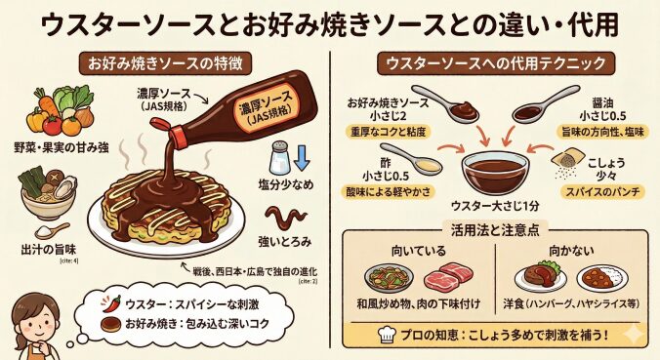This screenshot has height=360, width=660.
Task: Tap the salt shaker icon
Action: point(279,158)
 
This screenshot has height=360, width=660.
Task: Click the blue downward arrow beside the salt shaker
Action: point(302,158)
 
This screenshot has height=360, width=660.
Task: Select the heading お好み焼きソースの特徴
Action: point(165,64)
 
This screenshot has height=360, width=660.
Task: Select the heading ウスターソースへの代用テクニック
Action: point(496,64)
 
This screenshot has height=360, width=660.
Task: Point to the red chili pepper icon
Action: point(111,303)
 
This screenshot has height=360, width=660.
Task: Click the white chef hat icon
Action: point(387,335)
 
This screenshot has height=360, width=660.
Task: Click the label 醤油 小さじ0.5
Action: point(602,109)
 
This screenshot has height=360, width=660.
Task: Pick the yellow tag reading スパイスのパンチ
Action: point(602,192)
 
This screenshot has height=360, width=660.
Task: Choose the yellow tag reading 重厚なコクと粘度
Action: point(388,132)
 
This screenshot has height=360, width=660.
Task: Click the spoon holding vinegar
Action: point(411,158)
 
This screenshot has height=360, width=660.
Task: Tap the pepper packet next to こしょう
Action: point(567,161)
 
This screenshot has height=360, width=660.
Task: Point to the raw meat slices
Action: point(448,276)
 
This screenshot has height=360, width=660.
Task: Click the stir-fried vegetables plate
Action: point(389,278)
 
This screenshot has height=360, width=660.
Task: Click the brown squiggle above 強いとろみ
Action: point(285,217)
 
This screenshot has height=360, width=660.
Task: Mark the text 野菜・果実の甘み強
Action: point(62,148)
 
